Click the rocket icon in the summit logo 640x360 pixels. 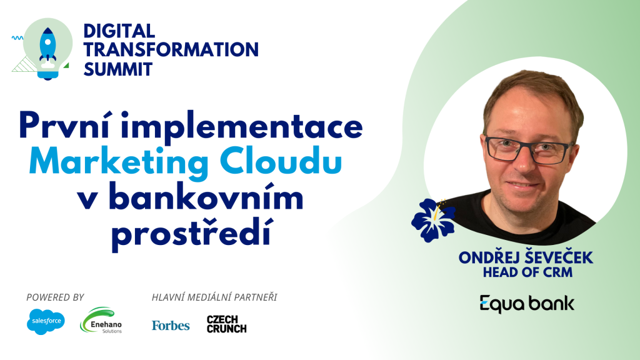coord(47,47)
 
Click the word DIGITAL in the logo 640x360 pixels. coord(119,31)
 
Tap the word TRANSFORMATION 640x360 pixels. coord(171,50)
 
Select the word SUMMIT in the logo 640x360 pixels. coord(118,69)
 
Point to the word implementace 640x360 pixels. coord(242,127)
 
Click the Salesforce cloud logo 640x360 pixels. coord(46,321)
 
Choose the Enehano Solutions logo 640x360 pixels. coord(101,321)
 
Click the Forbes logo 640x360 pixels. coord(171,325)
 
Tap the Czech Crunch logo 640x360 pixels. coord(226,324)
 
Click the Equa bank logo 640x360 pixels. coord(527,304)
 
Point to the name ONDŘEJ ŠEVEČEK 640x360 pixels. coord(526,257)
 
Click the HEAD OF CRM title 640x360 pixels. coord(527,272)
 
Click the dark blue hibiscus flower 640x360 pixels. coord(434,219)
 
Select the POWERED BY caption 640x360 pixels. coord(55,297)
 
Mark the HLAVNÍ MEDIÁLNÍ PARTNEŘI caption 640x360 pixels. coord(214,297)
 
